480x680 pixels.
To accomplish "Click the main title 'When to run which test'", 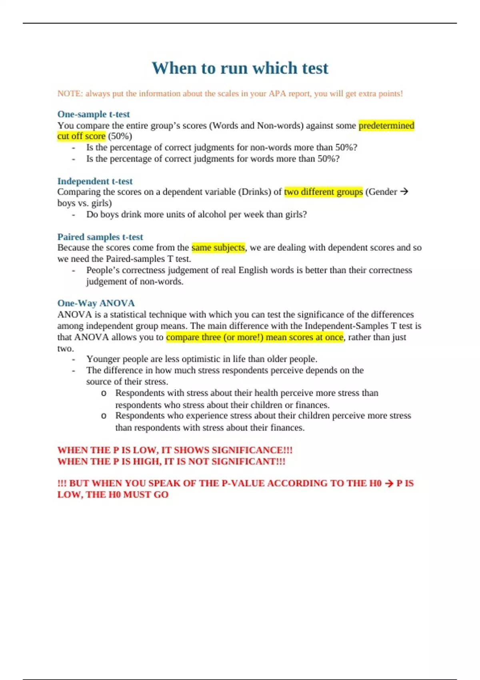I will [x=240, y=68].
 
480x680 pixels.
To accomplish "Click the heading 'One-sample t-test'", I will [x=93, y=114].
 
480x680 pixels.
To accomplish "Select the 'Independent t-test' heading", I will [x=95, y=181].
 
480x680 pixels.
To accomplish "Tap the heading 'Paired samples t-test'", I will [x=100, y=237].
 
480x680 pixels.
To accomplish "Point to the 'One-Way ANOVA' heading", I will [x=96, y=303].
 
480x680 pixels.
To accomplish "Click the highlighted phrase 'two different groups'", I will [x=323, y=192].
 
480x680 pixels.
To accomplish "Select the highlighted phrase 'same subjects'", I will [x=218, y=248].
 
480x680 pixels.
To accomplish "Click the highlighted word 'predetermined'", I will [x=386, y=126].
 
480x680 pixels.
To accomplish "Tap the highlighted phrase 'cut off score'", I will [x=81, y=136].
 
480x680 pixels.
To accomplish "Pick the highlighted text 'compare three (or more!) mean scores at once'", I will [x=254, y=337].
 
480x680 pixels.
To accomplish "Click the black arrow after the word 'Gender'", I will [x=404, y=192].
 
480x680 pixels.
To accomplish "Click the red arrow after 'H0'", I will [x=389, y=483].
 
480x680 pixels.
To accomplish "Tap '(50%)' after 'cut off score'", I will [x=120, y=136].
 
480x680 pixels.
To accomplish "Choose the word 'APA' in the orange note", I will [x=277, y=94].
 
